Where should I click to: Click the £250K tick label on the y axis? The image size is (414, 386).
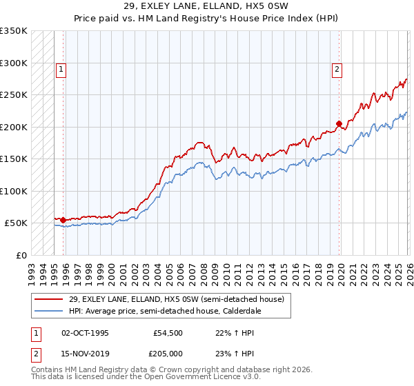click(14, 95)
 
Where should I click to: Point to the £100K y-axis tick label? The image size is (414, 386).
click(14, 191)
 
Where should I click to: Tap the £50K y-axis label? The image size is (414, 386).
click(17, 223)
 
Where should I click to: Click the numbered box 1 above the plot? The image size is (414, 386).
click(61, 69)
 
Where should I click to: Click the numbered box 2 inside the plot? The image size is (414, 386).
click(337, 69)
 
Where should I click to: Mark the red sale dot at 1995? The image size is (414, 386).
click(63, 221)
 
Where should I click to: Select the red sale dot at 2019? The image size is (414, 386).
click(339, 124)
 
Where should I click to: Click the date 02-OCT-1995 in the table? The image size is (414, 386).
click(85, 333)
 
